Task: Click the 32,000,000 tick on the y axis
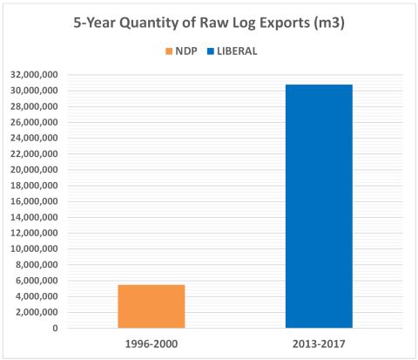[x=35, y=74]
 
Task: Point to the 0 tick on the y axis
[x=55, y=329]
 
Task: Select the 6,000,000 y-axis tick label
[x=37, y=281]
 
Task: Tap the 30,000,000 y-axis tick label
[x=35, y=90]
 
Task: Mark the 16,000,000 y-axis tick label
[x=35, y=201]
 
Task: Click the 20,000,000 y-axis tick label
[x=35, y=169]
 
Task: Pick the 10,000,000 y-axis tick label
[x=35, y=249]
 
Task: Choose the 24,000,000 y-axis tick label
[x=35, y=138]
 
